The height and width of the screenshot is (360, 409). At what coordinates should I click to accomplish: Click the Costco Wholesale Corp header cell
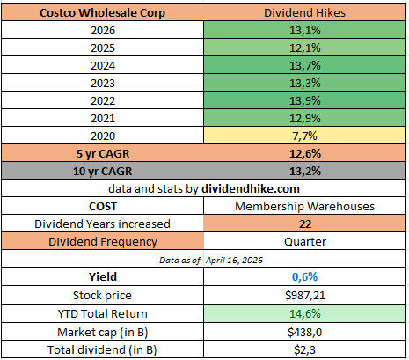(103, 12)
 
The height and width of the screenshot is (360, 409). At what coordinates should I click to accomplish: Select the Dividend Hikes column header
(305, 12)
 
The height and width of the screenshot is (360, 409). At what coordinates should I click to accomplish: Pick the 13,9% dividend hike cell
(305, 101)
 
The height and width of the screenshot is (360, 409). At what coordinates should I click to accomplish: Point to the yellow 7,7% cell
(305, 136)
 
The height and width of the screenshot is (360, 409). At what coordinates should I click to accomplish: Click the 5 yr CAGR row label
(103, 154)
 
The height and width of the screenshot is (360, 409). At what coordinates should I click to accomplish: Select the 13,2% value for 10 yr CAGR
(305, 172)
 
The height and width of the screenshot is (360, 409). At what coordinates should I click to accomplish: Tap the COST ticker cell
(103, 206)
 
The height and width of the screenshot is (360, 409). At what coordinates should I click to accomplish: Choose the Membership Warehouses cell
(305, 206)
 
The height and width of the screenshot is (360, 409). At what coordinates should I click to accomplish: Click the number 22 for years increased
(305, 224)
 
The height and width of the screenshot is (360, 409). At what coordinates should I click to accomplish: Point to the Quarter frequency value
(305, 241)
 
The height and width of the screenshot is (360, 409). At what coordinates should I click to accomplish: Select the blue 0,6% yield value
(305, 277)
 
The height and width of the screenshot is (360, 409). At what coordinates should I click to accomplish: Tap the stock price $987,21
(305, 295)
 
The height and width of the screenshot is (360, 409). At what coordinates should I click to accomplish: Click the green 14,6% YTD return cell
(305, 312)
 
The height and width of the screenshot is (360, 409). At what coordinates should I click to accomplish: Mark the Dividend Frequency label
(103, 241)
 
